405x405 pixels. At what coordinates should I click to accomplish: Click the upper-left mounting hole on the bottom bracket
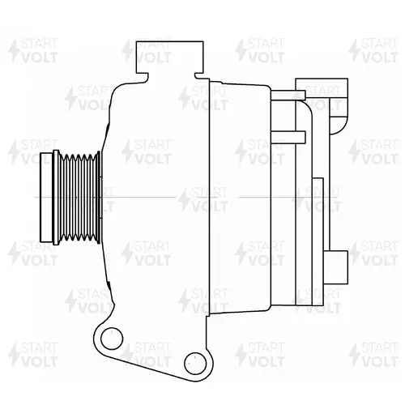point(112,339)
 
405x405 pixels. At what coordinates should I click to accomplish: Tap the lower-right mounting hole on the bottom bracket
point(195,363)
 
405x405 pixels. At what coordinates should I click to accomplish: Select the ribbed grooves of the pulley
point(78,198)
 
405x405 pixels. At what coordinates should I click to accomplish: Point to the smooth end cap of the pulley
point(46,198)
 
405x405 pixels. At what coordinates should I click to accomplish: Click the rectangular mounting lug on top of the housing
point(170,58)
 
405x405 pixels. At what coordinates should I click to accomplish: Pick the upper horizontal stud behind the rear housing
point(288,96)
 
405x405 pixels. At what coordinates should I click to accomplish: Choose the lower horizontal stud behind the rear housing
point(288,137)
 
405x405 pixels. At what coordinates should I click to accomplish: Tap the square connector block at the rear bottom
point(336,267)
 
